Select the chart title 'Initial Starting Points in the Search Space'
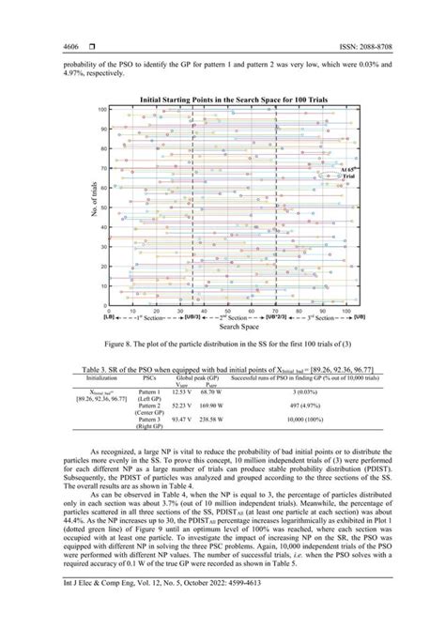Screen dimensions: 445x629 (224, 99)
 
